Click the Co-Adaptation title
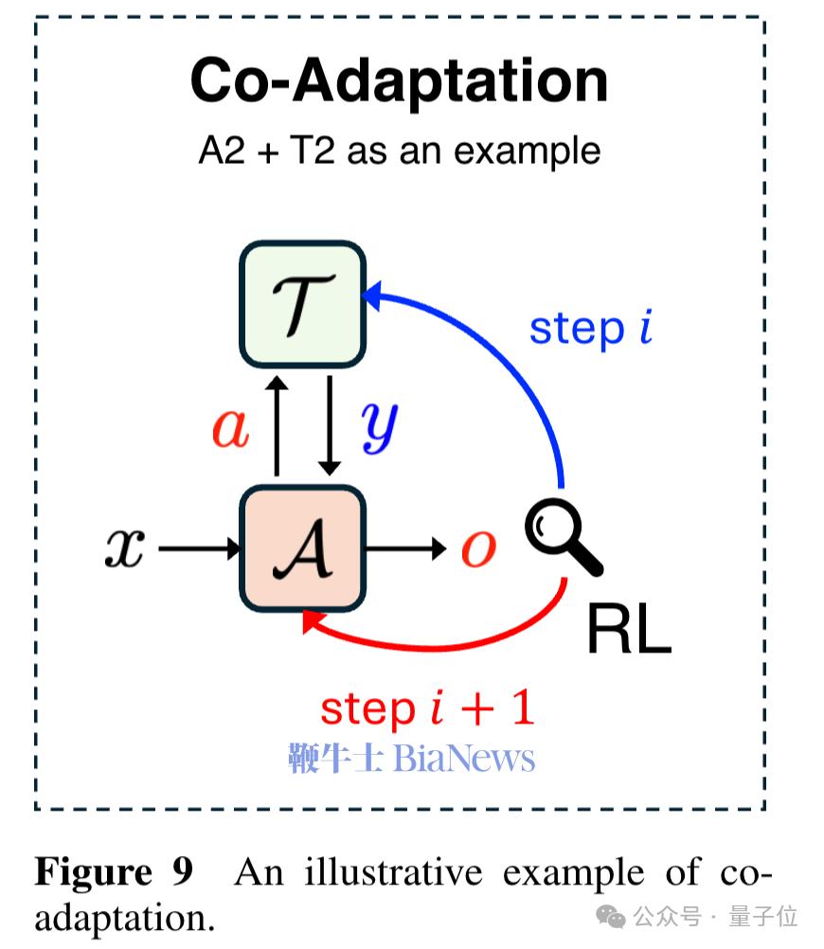(399, 81)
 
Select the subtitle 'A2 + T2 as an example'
(399, 152)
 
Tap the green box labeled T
(301, 304)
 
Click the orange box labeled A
(301, 548)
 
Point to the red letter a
(230, 427)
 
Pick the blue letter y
(379, 429)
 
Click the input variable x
(124, 548)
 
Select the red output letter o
(478, 548)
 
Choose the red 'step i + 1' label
(427, 707)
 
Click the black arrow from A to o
(405, 548)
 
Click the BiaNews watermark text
(412, 759)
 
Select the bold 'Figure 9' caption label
(114, 871)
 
